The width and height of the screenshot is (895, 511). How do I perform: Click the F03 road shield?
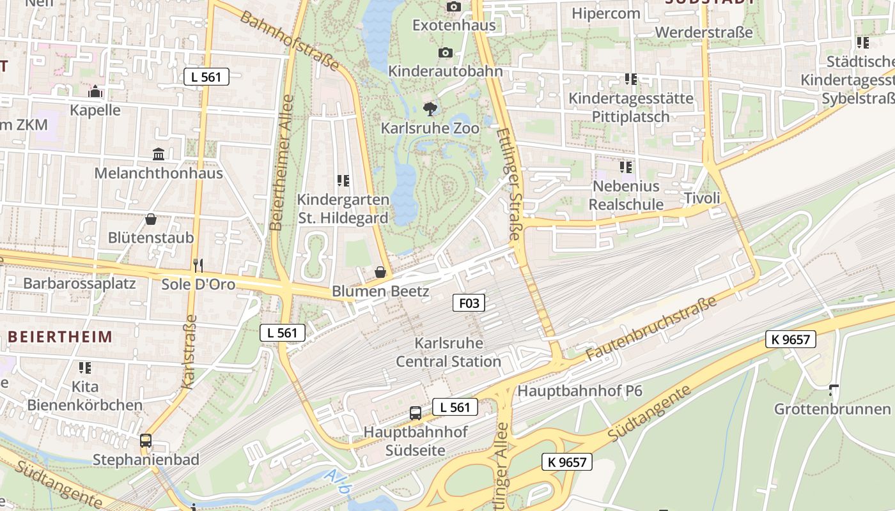pos(469,302)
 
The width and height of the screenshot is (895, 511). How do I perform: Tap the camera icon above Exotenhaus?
pos(454,6)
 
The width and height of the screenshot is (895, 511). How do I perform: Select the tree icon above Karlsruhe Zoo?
pos(431,109)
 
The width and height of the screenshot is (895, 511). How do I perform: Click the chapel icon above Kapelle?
pos(95,91)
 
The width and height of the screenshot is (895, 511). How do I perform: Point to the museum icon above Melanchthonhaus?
pos(159,154)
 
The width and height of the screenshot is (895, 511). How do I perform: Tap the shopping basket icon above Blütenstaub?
pos(151,219)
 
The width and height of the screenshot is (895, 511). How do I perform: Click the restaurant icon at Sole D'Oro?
pos(198,265)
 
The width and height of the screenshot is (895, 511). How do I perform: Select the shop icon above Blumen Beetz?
pos(380,272)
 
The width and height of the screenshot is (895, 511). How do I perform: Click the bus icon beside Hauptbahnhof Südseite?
pos(416,413)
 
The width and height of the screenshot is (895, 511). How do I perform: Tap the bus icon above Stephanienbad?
pos(146,440)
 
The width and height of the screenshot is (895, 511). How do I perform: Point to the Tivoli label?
pos(702,198)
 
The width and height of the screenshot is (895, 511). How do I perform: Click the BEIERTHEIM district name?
pos(60,337)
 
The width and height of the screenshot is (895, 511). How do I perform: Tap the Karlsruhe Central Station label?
pos(448,352)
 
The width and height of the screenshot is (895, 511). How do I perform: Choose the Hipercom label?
pos(605,13)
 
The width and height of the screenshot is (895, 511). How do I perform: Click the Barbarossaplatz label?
pos(79,283)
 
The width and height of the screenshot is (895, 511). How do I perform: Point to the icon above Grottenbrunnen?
pos(834,390)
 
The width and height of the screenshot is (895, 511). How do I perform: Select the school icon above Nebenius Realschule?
pos(626,167)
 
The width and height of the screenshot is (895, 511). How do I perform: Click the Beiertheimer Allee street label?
pos(281,163)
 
